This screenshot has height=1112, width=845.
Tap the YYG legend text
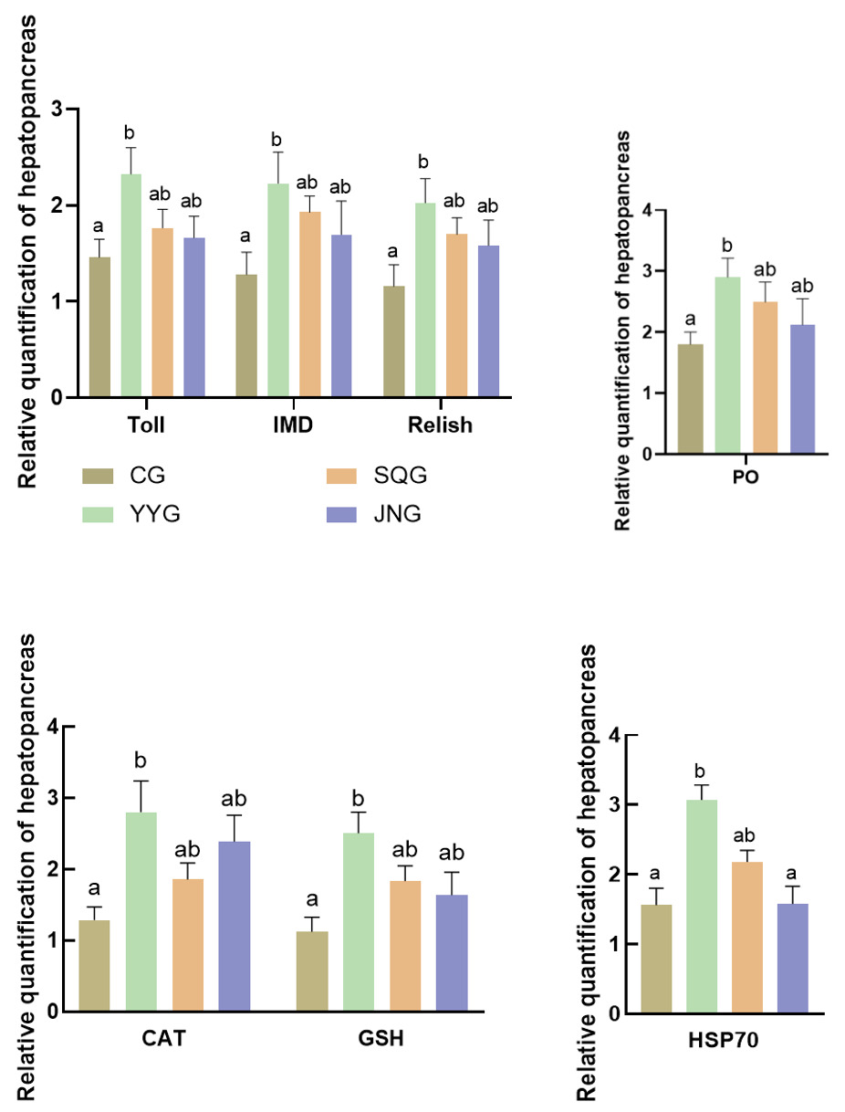point(155,515)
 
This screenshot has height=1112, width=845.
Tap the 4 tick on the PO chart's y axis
point(649,210)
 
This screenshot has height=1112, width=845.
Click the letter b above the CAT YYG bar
point(141,761)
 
